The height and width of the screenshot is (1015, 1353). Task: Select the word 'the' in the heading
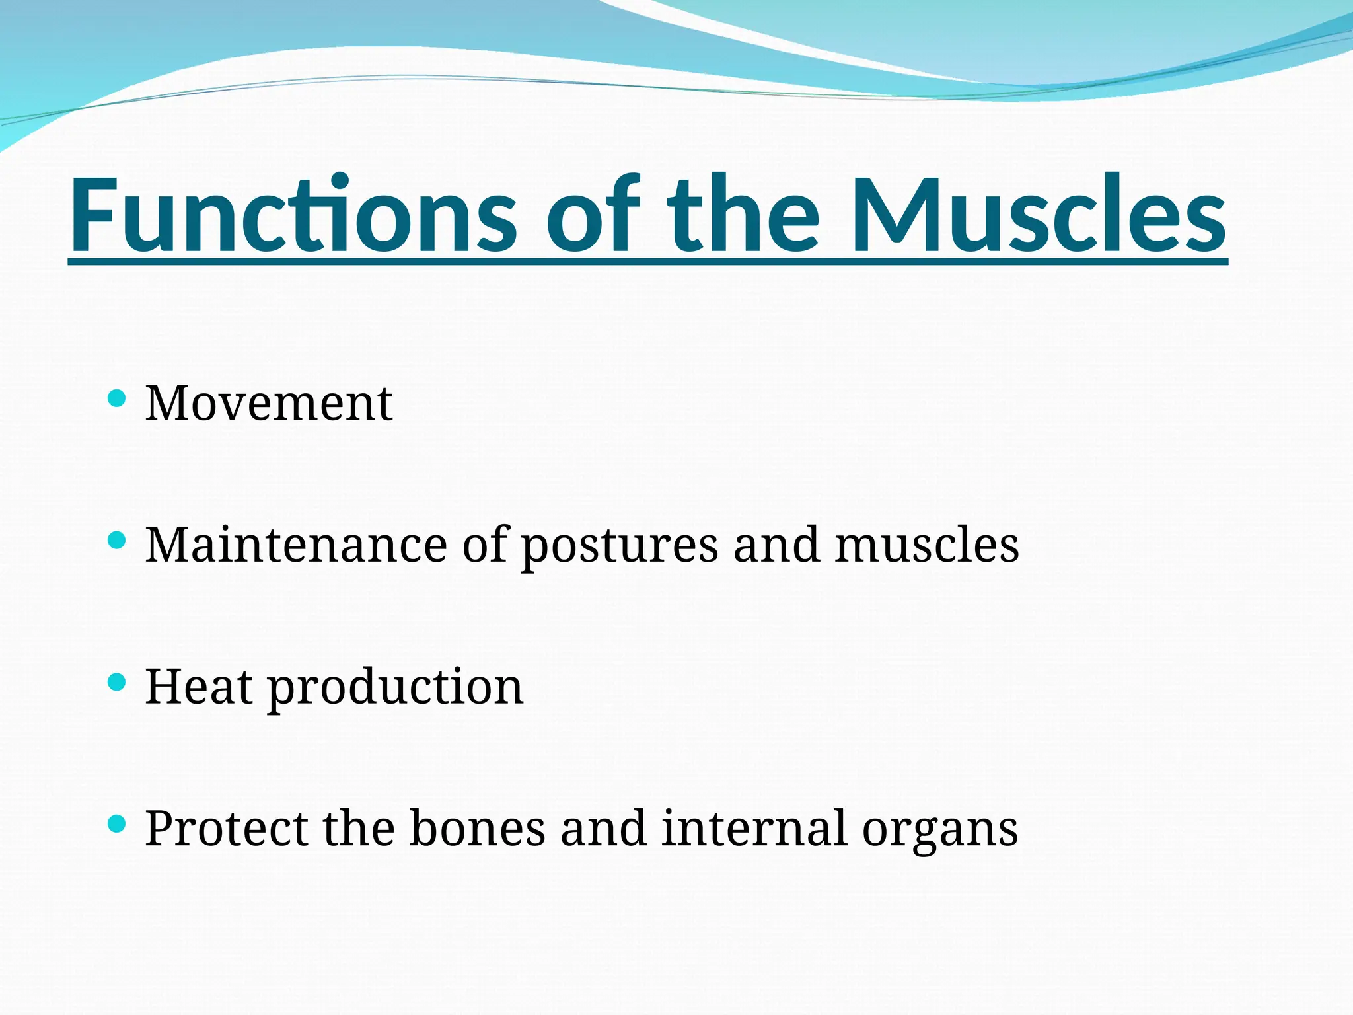743,215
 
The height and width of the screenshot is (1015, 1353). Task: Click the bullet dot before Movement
116,398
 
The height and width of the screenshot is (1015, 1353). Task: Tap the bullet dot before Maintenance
116,541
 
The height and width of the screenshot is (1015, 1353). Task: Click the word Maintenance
296,545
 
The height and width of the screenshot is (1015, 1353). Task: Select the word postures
620,546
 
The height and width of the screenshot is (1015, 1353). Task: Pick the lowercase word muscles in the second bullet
926,545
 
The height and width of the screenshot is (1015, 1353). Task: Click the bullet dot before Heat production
116,682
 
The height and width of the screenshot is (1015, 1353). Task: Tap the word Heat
198,687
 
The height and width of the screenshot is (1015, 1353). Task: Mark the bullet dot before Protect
116,823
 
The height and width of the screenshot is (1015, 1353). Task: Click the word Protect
226,829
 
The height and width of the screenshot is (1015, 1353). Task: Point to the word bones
477,829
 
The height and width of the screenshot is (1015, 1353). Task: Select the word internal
754,829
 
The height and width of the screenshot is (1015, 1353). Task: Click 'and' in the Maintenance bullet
776,545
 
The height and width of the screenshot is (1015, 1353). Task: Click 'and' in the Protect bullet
603,829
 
